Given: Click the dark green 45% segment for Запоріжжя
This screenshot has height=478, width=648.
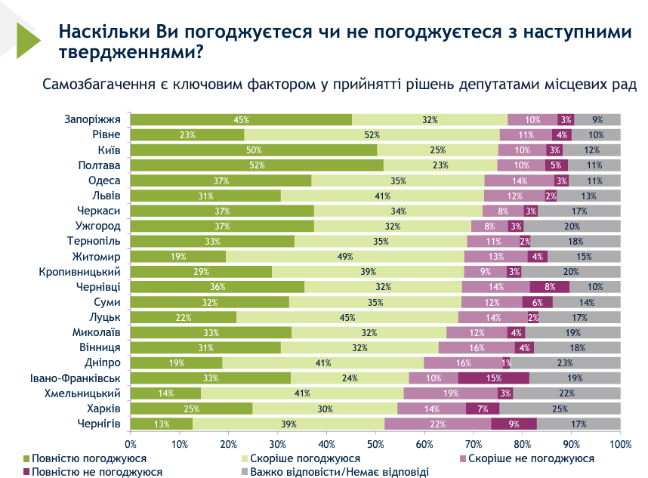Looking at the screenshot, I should [x=241, y=119].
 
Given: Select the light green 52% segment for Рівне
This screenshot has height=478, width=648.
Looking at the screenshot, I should [x=372, y=134].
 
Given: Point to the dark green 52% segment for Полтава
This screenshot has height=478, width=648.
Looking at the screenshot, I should [x=258, y=165].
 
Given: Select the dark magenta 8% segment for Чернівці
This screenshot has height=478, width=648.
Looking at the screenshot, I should [x=549, y=286].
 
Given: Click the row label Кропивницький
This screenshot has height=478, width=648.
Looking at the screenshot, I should [x=81, y=271].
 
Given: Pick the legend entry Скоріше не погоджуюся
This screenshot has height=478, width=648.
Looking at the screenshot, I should [x=531, y=458].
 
